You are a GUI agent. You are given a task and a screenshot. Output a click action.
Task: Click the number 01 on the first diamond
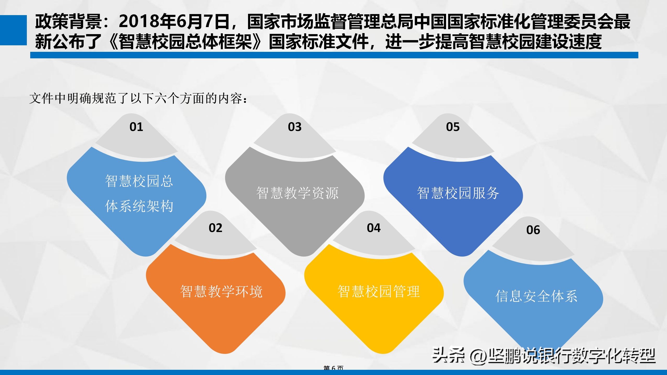click(136, 127)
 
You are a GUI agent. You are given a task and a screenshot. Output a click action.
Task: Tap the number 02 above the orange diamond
click(215, 228)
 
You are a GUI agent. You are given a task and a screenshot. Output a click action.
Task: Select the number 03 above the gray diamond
click(295, 127)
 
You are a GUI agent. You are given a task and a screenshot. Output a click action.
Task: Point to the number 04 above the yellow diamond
click(374, 228)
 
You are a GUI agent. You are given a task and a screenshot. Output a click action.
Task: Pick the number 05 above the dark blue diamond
click(453, 127)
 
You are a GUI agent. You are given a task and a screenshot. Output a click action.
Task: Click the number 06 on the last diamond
click(533, 230)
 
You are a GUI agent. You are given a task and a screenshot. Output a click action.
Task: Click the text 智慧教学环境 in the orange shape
click(221, 291)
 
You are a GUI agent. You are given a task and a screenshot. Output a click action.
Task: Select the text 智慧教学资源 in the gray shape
click(297, 193)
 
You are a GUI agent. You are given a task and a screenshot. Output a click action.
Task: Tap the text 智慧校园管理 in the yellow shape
click(379, 291)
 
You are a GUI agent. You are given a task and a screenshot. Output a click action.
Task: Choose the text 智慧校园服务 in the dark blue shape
click(458, 193)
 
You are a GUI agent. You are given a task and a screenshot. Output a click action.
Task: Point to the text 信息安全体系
click(536, 296)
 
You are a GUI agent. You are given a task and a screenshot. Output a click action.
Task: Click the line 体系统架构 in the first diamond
click(139, 206)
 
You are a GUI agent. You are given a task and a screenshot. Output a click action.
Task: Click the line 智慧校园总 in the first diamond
click(139, 181)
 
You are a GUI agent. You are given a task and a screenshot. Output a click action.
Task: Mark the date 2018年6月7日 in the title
click(174, 21)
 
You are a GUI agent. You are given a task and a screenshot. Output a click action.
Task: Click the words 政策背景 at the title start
click(68, 21)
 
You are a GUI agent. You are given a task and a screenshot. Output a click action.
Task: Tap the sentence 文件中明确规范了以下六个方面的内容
click(138, 98)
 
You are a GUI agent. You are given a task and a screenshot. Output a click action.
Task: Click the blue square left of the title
click(13, 30)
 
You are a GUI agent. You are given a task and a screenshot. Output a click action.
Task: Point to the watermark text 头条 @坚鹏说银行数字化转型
click(544, 356)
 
